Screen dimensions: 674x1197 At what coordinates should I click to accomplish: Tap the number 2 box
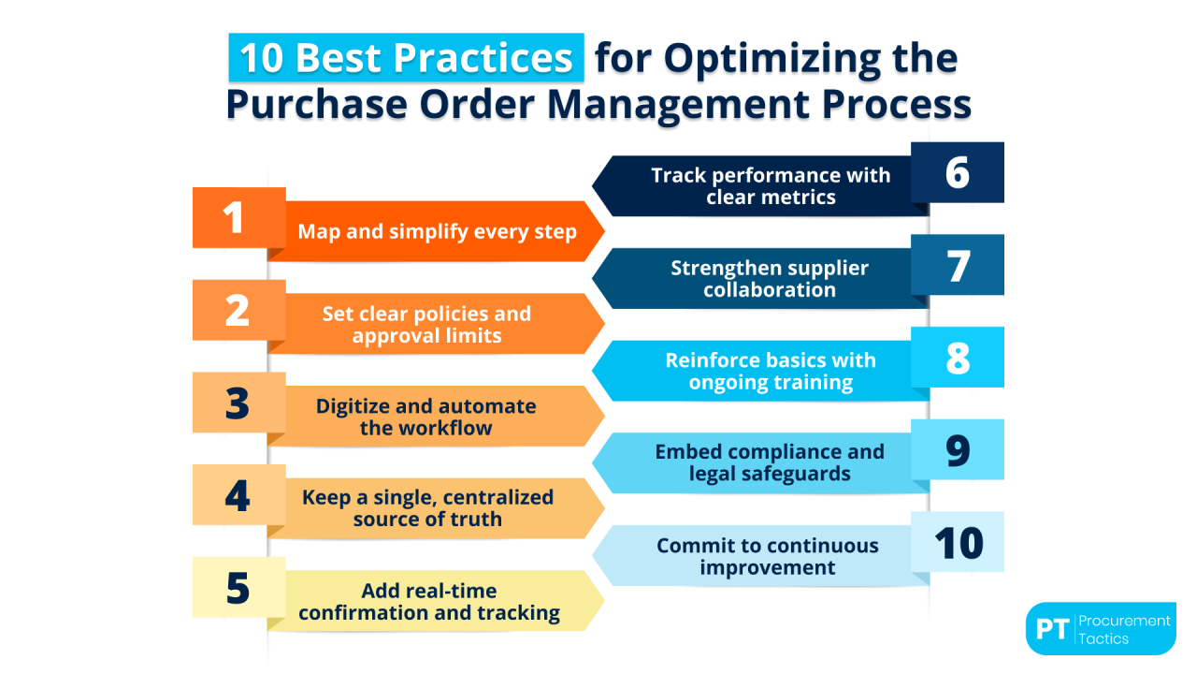click(x=238, y=310)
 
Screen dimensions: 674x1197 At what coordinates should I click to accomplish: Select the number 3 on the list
click(x=238, y=403)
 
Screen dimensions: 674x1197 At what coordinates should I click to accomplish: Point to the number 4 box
click(x=238, y=495)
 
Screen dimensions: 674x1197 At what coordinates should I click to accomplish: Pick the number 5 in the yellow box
click(x=238, y=588)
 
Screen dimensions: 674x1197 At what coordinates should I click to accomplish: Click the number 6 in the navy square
click(x=958, y=173)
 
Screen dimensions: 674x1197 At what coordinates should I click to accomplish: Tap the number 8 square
click(x=958, y=358)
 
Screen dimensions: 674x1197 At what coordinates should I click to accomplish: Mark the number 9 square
click(x=958, y=449)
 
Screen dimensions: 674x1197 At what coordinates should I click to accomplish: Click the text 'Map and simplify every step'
click(x=437, y=231)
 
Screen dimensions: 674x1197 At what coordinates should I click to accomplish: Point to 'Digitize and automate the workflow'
click(x=425, y=418)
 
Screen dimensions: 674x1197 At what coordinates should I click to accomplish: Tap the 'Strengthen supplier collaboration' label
click(x=770, y=279)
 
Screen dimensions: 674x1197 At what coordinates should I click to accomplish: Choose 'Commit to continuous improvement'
click(x=768, y=556)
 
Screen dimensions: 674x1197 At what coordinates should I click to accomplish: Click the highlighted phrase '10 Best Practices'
click(x=406, y=58)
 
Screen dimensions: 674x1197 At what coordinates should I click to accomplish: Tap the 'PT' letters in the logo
click(x=1052, y=629)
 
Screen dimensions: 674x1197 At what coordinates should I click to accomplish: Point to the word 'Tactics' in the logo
click(x=1103, y=638)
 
